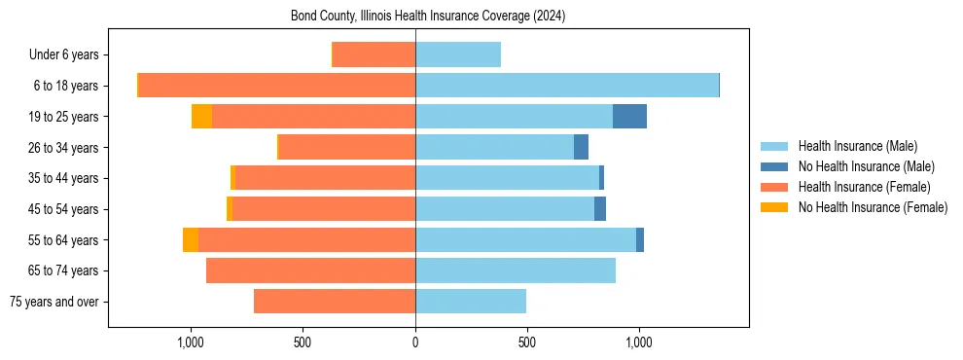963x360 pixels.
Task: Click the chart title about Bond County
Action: (x=428, y=17)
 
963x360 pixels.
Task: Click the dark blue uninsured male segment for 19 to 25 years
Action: (x=629, y=117)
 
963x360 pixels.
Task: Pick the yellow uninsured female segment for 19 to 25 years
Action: (x=201, y=117)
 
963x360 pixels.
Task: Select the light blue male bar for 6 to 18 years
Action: (x=566, y=86)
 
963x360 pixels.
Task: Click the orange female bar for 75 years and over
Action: (x=335, y=302)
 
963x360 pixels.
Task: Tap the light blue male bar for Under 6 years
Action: (x=458, y=55)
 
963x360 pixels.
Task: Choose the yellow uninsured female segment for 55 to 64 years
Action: (x=191, y=240)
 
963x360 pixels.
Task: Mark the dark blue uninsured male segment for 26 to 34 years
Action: (x=581, y=148)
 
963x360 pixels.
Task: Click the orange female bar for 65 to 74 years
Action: (x=310, y=270)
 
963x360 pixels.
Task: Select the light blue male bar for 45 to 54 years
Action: (x=505, y=209)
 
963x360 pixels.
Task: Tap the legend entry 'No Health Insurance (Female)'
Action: (x=873, y=207)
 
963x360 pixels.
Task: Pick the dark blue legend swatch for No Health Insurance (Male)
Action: (x=774, y=166)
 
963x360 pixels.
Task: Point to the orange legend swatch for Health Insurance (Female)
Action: (x=774, y=187)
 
